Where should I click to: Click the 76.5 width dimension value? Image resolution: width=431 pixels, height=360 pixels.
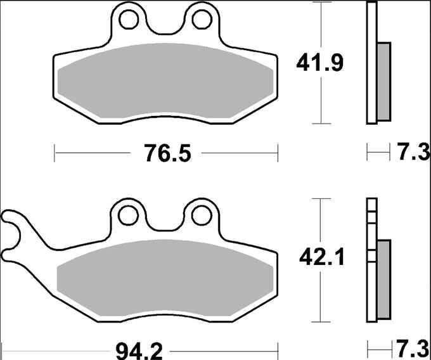167,153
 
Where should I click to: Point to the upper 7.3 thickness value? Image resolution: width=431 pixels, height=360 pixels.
414,153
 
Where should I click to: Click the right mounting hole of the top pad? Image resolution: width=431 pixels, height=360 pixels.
202,20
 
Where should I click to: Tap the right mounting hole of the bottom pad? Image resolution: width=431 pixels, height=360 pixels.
201,215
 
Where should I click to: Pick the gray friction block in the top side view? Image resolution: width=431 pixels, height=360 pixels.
384,81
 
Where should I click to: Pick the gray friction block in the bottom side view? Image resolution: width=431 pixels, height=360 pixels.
384,279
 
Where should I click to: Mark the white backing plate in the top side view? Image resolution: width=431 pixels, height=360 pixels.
372,63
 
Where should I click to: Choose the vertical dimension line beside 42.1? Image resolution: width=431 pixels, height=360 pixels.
324,298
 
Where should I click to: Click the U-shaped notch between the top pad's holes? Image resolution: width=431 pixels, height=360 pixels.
166,29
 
